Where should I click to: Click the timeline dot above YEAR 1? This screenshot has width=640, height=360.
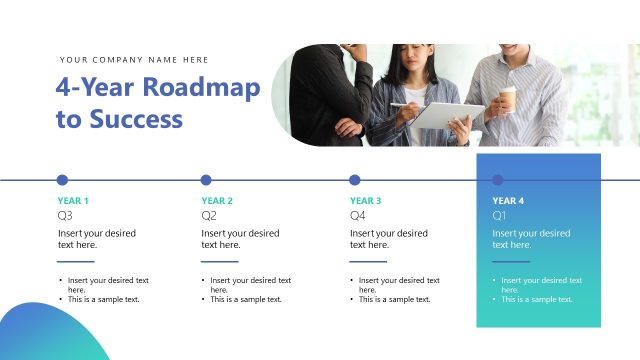point(62,180)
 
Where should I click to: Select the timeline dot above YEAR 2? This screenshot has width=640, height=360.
point(206,180)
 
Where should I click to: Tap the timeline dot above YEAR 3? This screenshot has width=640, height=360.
point(354,180)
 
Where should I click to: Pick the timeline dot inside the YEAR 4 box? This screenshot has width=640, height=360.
point(498,180)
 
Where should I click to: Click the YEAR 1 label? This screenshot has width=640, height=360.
point(73,201)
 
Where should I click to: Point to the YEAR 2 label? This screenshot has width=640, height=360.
point(217,201)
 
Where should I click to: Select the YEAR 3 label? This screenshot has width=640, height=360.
point(365,201)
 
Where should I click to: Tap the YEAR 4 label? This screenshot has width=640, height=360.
point(508,201)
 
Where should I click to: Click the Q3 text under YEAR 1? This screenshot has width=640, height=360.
point(65,215)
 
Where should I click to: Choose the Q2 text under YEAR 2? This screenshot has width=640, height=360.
point(209,215)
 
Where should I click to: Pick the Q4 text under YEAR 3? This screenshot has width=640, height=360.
point(357,215)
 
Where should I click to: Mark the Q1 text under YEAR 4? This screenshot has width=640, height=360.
point(500,215)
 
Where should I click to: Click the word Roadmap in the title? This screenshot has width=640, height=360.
point(201,87)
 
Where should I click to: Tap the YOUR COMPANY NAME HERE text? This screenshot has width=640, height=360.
point(134,60)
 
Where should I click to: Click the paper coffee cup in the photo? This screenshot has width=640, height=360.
point(508,98)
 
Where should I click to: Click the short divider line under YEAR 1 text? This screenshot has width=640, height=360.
point(76,261)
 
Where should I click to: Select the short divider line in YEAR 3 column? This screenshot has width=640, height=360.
point(368,261)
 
